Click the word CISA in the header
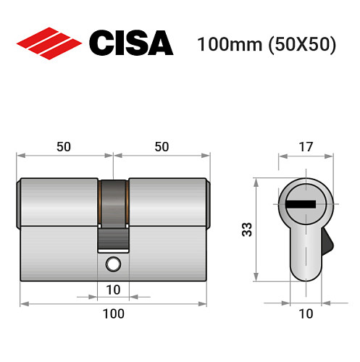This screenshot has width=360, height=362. (x=130, y=43)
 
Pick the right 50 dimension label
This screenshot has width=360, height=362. (x=162, y=146)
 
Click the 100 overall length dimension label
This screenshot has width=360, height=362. (x=113, y=313)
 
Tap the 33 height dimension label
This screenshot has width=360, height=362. (x=246, y=231)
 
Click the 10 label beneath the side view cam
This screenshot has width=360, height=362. (x=113, y=290)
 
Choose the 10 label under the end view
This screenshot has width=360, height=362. (x=306, y=313)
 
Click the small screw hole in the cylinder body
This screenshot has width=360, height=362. (x=112, y=263)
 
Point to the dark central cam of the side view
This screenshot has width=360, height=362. (x=113, y=210)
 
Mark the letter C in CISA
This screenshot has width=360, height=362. (x=101, y=43)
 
